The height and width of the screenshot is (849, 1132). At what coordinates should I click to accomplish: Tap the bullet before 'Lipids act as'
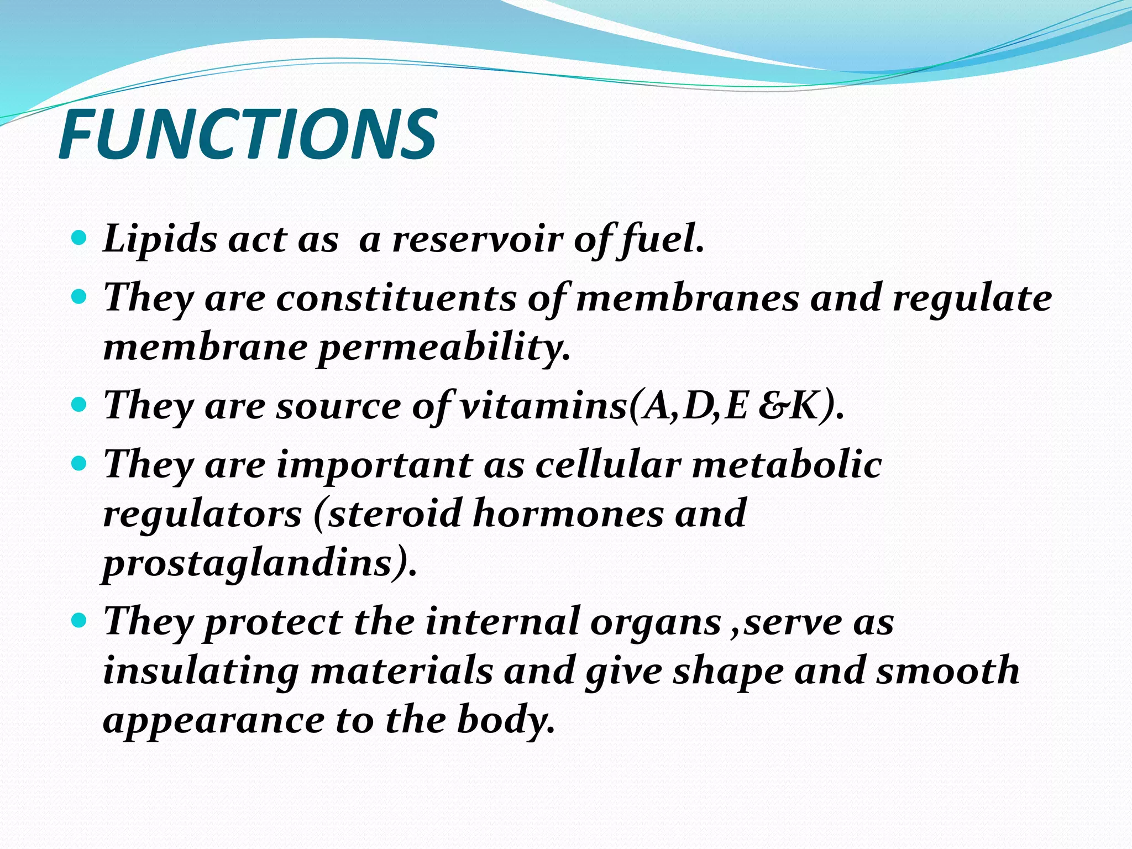coord(80,239)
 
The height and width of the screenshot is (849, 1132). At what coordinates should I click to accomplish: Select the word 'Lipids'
coord(160,240)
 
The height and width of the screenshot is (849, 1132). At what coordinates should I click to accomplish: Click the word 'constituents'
coord(396,298)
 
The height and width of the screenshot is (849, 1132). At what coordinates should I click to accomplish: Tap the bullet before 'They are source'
coord(80,405)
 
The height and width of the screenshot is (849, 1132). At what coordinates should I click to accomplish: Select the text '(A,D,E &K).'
coord(736,407)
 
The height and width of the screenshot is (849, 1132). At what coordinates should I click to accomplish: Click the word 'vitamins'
coord(544,406)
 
